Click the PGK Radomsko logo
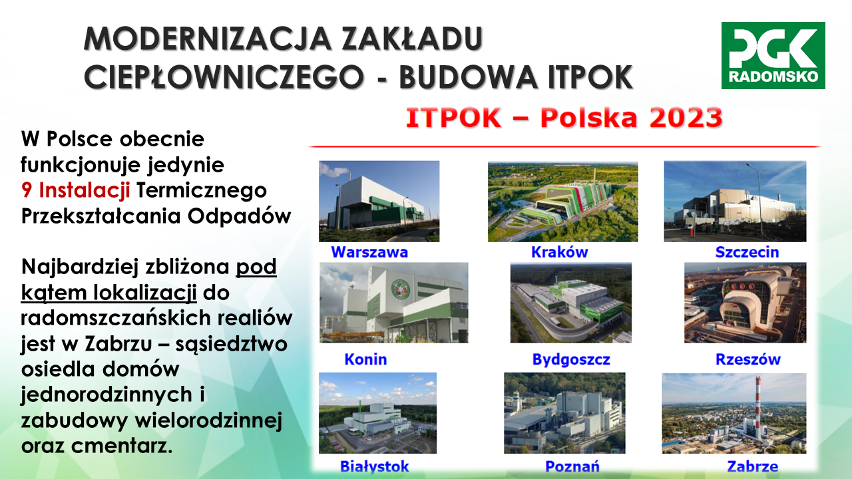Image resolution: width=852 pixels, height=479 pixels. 773,55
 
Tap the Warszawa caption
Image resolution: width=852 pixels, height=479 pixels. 369,252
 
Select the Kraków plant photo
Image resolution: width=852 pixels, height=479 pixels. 563,202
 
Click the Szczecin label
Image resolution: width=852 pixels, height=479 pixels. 747,252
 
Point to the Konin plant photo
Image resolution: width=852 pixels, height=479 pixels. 393,303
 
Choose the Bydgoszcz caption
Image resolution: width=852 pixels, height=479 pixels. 571,360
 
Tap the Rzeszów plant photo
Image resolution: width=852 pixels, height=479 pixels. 745,303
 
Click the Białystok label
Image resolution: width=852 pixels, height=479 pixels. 374,466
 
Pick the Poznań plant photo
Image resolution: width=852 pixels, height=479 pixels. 564,413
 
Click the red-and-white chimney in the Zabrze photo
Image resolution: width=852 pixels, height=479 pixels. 758,408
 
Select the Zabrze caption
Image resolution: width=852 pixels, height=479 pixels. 753,466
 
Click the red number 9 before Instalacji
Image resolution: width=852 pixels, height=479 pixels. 27,190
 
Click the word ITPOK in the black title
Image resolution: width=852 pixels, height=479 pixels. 590,77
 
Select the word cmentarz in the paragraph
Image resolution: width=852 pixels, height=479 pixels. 122,446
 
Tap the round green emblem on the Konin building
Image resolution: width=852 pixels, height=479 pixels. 403,289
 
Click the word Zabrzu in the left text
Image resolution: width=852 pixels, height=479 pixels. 118,344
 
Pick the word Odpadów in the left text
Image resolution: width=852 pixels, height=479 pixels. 239,216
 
